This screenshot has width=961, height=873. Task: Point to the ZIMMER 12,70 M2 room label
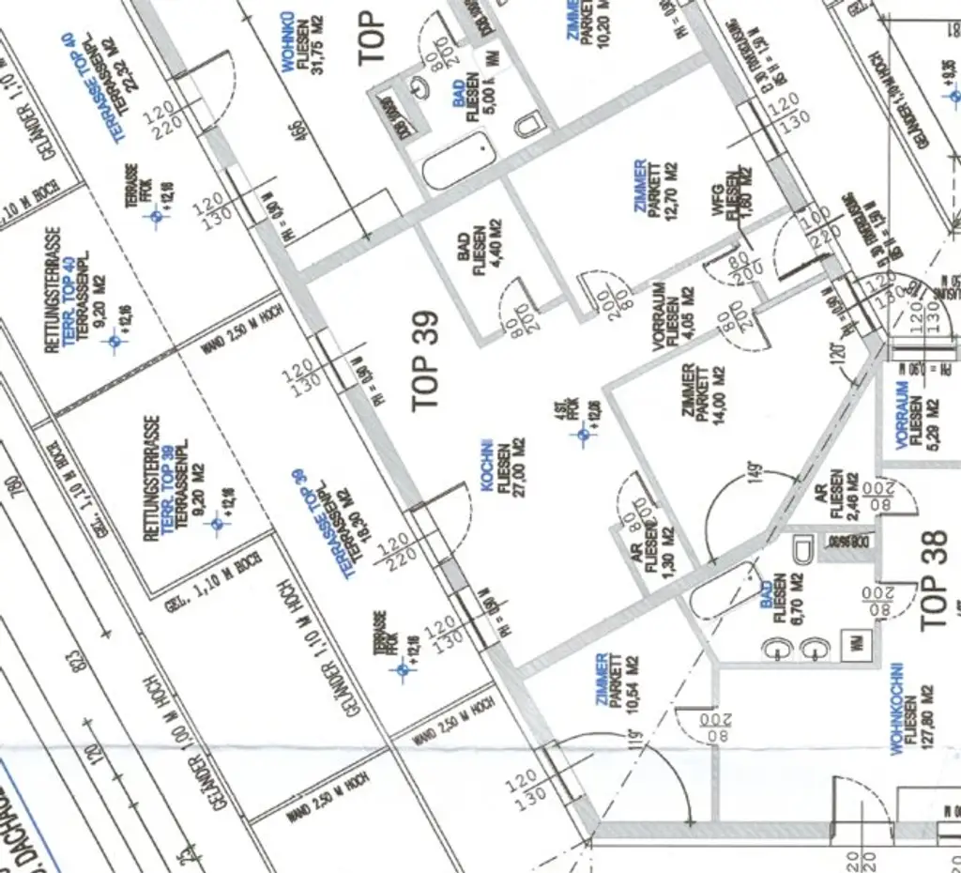pyautogui.click(x=655, y=188)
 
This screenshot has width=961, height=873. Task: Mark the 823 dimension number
pyautogui.click(x=79, y=662)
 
